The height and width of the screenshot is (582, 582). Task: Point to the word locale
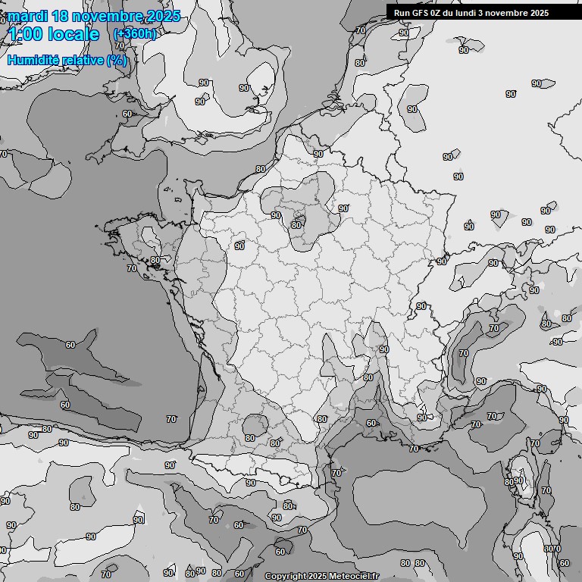coord(73,34)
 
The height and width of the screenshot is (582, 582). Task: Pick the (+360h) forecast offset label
coord(134,34)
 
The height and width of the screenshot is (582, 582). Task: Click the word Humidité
coord(31,60)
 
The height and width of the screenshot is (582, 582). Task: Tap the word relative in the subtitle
coord(81,60)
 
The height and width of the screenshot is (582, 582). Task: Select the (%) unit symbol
coord(117,60)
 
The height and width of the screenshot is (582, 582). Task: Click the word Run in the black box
coord(402,12)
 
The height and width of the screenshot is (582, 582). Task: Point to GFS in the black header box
coord(420,12)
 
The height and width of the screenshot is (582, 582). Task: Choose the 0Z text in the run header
coord(437,12)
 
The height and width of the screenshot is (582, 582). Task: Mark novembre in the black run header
coord(515,12)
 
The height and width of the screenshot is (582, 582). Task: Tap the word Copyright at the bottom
coord(284,577)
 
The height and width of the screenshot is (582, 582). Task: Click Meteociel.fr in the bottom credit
coord(354,577)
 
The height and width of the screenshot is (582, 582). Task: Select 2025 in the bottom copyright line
coord(317,577)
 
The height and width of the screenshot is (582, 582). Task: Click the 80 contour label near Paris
coord(297,225)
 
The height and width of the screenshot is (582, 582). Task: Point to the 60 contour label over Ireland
coord(127,114)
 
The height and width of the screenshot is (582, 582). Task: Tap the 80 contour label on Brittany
coord(155,260)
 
